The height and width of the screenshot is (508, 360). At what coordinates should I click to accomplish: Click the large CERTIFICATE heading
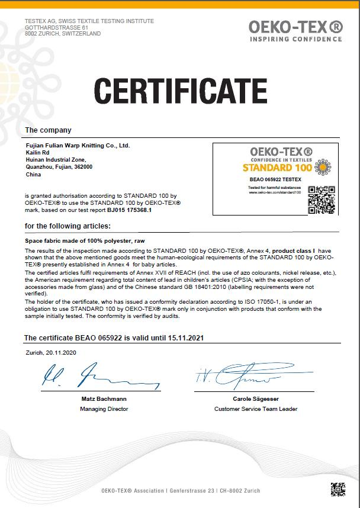[180, 91]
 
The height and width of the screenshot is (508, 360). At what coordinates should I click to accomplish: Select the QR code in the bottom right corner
[337, 490]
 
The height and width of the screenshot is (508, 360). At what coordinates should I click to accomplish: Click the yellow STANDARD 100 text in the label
[277, 168]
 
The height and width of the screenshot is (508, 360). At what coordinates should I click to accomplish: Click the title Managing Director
[104, 409]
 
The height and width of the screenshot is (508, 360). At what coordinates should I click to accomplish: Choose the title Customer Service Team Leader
[256, 409]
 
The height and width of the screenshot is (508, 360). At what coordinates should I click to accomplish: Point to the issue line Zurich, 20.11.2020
[50, 352]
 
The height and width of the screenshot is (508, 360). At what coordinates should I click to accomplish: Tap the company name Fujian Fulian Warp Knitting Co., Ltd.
[78, 145]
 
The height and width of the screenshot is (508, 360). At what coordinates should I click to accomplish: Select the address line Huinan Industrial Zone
[56, 159]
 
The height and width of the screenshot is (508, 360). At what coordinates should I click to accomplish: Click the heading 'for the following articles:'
[67, 226]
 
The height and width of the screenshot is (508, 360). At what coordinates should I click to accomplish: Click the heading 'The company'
[48, 130]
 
